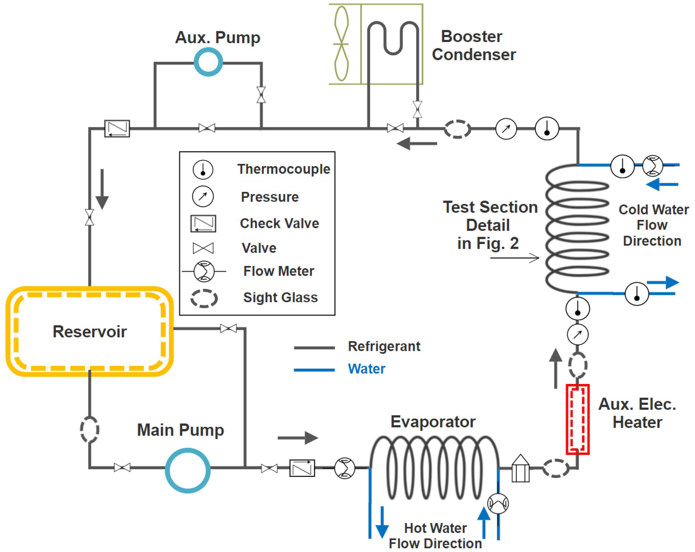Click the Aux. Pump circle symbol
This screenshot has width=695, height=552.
(208, 62)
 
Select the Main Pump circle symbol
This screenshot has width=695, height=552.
(188, 470)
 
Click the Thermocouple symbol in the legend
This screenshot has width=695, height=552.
(203, 169)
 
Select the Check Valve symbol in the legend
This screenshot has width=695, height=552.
(203, 223)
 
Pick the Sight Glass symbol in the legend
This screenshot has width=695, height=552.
(204, 298)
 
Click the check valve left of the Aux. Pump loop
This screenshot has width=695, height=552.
(117, 129)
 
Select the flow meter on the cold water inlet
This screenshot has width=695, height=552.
(653, 166)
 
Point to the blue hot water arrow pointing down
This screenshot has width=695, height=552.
(382, 522)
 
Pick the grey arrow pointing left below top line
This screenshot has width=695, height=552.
(416, 143)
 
